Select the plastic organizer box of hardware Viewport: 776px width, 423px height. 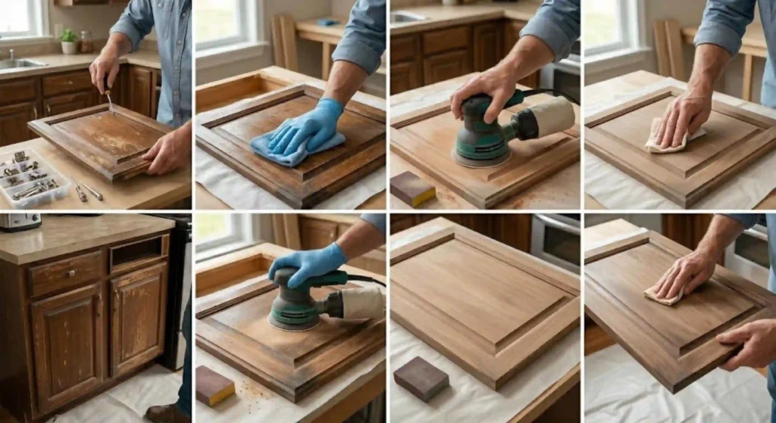pyautogui.click(x=33, y=177)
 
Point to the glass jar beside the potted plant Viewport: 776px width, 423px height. pyautogui.click(x=86, y=42)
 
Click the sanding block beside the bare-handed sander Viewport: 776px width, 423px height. pyautogui.click(x=412, y=188)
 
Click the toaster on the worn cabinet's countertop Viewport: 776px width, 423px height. pyautogui.click(x=18, y=222)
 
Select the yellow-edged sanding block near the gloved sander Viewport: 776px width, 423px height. pyautogui.click(x=215, y=385)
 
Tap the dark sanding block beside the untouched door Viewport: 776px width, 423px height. pyautogui.click(x=421, y=378)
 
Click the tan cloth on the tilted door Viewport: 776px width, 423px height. pyautogui.click(x=662, y=295)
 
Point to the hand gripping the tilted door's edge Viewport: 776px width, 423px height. pyautogui.click(x=746, y=344)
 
